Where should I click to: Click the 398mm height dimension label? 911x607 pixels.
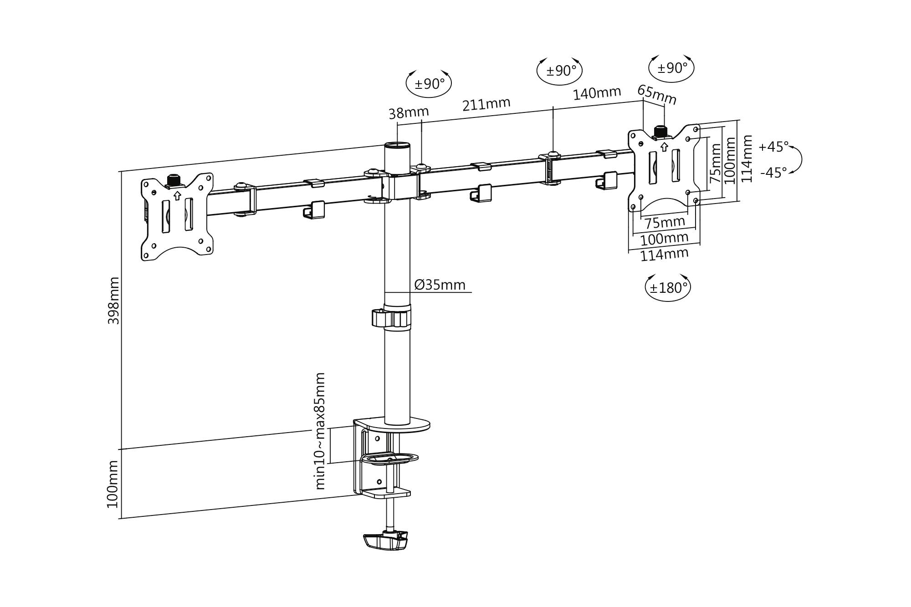[x=113, y=301]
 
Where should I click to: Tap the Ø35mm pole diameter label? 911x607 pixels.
[x=440, y=285]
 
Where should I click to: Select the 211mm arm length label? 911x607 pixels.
[x=486, y=104]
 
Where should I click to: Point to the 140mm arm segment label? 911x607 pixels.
[x=597, y=93]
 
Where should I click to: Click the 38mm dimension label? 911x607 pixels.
[x=409, y=112]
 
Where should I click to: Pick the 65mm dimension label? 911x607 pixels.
[x=657, y=95]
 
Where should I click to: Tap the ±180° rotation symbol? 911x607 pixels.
[x=668, y=288]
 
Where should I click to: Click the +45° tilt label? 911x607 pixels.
[x=773, y=147]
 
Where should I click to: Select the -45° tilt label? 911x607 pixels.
[x=773, y=173]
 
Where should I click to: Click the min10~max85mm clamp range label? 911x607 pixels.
[x=320, y=431]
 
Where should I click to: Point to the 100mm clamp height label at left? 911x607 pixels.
[x=113, y=484]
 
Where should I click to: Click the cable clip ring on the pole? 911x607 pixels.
[x=391, y=318]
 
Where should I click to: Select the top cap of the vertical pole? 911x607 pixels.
[x=397, y=146]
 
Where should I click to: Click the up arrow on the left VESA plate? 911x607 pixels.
[x=177, y=196]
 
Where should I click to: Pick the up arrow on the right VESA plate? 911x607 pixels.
[x=664, y=147]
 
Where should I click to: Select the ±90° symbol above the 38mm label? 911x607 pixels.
[x=429, y=84]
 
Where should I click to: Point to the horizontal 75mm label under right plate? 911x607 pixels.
[x=665, y=223]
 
